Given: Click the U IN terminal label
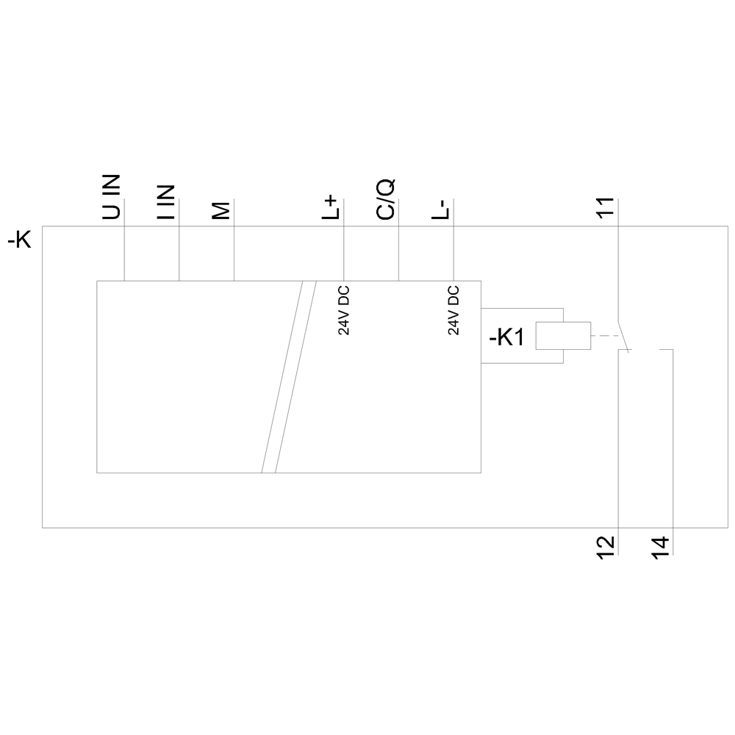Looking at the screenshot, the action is pyautogui.click(x=111, y=197).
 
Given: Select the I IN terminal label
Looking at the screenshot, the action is pyautogui.click(x=166, y=202).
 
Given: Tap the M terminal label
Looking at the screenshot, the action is pyautogui.click(x=220, y=210).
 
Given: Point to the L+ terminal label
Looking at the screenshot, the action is pyautogui.click(x=330, y=208).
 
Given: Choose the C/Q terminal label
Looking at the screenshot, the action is pyautogui.click(x=386, y=199).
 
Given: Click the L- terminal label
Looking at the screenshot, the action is pyautogui.click(x=440, y=209).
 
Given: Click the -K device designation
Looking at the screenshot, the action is pyautogui.click(x=20, y=241).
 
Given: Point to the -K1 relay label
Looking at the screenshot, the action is pyautogui.click(x=506, y=337).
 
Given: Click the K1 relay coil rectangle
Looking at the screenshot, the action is pyautogui.click(x=563, y=336).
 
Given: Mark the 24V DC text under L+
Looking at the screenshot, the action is pyautogui.click(x=344, y=310).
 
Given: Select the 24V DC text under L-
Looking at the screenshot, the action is pyautogui.click(x=453, y=310).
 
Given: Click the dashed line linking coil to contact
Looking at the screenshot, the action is pyautogui.click(x=605, y=336).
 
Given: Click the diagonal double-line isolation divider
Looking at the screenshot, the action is pyautogui.click(x=289, y=377).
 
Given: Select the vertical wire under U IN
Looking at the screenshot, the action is pyautogui.click(x=124, y=240).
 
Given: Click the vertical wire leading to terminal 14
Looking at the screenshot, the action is pyautogui.click(x=673, y=452).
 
